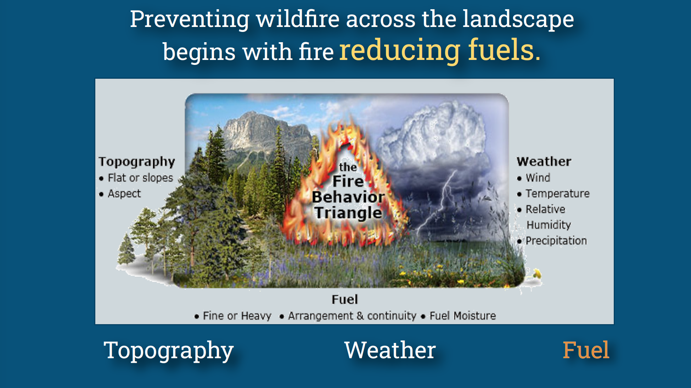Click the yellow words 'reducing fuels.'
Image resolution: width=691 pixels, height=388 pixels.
(439, 50)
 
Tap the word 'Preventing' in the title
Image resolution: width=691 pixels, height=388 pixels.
(190, 19)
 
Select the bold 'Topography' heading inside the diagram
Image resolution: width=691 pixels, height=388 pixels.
(137, 162)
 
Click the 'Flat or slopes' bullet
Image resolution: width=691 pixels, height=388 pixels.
(140, 178)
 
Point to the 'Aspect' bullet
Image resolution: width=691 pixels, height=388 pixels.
(124, 194)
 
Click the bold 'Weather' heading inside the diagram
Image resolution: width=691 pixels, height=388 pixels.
(544, 162)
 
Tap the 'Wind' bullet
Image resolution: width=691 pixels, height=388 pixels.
(538, 178)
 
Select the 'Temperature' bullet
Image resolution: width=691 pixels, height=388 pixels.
(557, 194)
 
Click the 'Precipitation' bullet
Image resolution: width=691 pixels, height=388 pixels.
(556, 241)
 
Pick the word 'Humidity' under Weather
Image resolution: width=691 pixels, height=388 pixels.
(549, 225)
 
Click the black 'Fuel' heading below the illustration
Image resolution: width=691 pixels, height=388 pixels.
(344, 300)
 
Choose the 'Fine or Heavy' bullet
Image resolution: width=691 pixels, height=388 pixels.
(237, 316)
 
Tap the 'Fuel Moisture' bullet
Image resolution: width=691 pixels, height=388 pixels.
(462, 316)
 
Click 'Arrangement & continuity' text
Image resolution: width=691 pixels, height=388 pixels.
(352, 316)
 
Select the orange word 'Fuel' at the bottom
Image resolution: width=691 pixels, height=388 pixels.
(585, 350)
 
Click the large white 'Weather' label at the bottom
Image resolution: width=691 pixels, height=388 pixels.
(390, 350)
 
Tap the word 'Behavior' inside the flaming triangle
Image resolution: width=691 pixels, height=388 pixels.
(348, 197)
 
